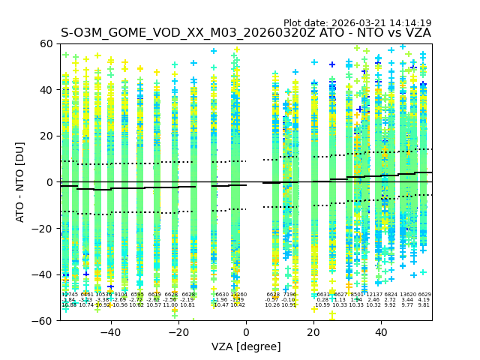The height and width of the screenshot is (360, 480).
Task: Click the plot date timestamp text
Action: [x=357, y=23]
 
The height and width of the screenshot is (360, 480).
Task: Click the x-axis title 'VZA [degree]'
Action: [x=246, y=346]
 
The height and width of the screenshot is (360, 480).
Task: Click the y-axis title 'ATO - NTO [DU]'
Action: [x=21, y=182]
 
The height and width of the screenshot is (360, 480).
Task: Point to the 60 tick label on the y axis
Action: [x=46, y=43]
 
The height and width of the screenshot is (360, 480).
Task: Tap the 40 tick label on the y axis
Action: [x=46, y=90]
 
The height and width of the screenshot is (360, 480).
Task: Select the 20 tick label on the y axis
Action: [x=46, y=136]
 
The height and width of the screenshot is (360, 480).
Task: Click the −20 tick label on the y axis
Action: [x=43, y=228]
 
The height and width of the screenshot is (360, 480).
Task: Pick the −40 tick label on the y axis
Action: [x=43, y=274]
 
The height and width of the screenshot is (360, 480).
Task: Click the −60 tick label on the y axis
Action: [x=43, y=320]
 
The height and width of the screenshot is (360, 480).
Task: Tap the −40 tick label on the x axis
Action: [x=110, y=331]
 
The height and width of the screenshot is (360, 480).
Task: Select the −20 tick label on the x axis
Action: [x=178, y=331]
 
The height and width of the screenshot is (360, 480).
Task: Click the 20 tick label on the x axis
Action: [x=314, y=331]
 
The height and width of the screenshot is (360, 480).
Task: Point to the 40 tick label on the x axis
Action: [x=382, y=331]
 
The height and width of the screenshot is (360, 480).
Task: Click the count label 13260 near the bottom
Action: [x=238, y=295]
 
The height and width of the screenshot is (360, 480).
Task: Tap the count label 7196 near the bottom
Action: [x=289, y=295]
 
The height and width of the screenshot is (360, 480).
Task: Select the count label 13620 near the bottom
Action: [x=407, y=295]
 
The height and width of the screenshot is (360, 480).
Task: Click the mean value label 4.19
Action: [x=424, y=300]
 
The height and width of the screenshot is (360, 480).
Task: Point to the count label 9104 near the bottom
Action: [x=121, y=295]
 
